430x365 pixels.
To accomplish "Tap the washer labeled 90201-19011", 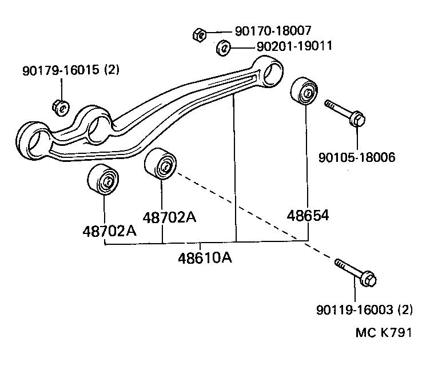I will (223, 48).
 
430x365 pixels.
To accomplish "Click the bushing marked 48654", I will (303, 92).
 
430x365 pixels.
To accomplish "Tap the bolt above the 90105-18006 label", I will (345, 113).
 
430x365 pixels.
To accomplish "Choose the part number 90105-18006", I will (357, 157).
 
